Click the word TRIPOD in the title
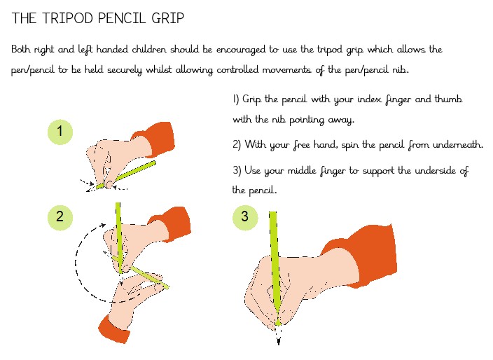click(x=68, y=18)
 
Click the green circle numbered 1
click(x=60, y=132)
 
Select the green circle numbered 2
click(x=60, y=217)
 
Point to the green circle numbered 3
click(x=245, y=217)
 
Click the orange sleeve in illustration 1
click(x=155, y=139)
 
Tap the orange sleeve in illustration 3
click(x=365, y=255)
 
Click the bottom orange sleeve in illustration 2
click(x=114, y=328)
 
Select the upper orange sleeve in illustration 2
click(x=172, y=221)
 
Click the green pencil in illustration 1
click(x=126, y=175)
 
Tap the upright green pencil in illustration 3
click(x=275, y=268)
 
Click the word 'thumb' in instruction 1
click(x=448, y=99)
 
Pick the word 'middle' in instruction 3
click(x=302, y=170)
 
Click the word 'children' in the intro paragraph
click(x=148, y=49)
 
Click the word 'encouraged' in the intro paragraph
click(x=241, y=50)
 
